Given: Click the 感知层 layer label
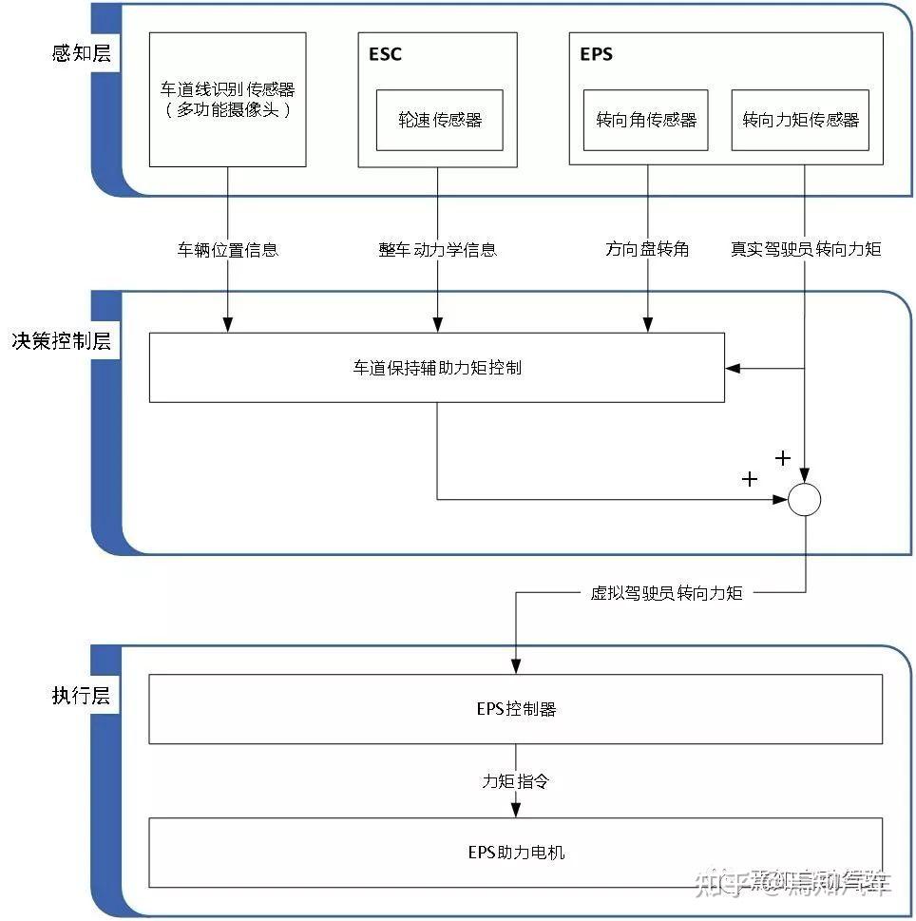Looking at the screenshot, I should tap(81, 53).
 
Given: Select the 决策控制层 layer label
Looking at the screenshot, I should tap(62, 341).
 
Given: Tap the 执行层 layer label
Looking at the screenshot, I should tap(81, 695).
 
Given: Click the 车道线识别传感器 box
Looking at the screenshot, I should tap(228, 99).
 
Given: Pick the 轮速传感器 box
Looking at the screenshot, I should tap(439, 120).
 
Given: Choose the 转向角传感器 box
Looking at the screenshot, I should tap(645, 120).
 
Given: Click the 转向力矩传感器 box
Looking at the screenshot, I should tap(800, 120).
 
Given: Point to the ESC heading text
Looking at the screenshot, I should tap(385, 54).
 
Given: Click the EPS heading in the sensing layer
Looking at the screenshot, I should tap(596, 54).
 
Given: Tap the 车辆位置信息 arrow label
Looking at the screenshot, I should tap(228, 250).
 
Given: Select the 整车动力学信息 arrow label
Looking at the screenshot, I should tap(437, 250).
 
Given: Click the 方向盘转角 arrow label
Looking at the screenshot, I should tap(647, 250).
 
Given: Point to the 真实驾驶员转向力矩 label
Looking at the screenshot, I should tap(806, 250).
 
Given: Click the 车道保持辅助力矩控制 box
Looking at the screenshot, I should tap(436, 367).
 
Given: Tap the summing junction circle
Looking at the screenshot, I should tap(805, 500).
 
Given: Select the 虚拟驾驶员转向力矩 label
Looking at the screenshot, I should tap(665, 593).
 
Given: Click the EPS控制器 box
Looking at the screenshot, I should tap(515, 709).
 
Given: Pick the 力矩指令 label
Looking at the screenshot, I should tap(515, 781).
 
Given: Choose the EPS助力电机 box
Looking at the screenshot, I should tap(515, 852).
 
